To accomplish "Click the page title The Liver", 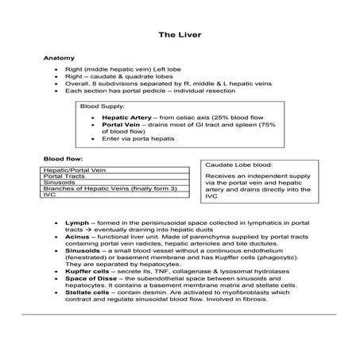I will click(x=180, y=35).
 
